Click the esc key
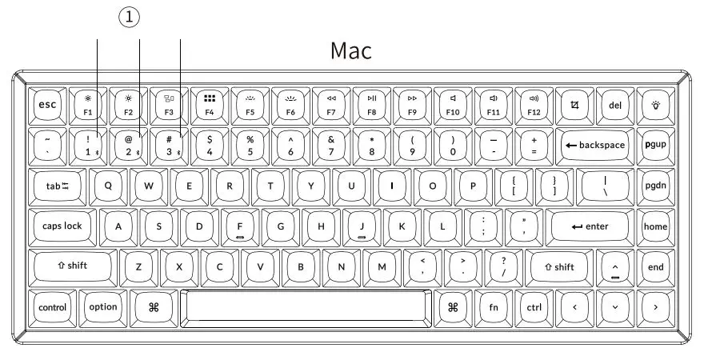point(48,104)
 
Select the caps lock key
point(63,226)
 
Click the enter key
point(591,226)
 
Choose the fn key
point(493,306)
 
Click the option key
point(102,306)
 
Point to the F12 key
point(534,104)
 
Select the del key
point(615,104)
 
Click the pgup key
point(656,145)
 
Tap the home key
point(656,226)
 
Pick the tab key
point(58,186)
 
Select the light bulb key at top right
point(656,104)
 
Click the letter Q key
point(108,186)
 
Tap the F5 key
point(250,104)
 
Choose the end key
point(656,266)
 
